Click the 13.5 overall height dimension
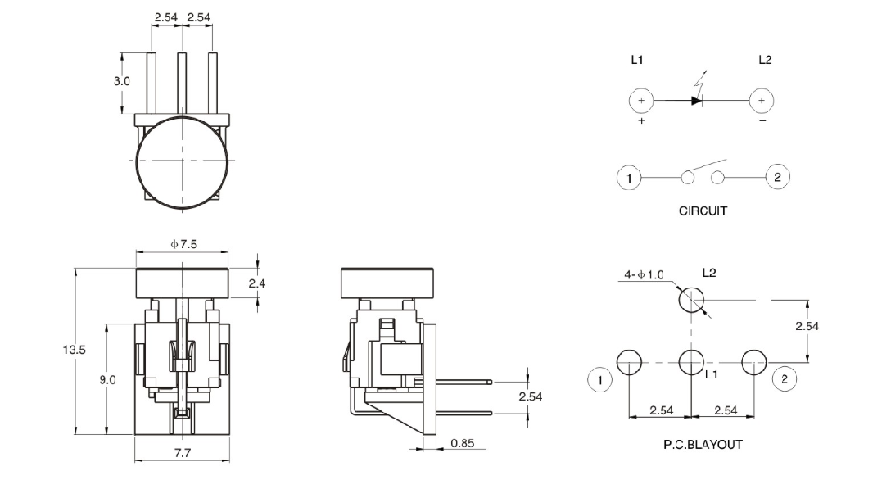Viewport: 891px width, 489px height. point(75,350)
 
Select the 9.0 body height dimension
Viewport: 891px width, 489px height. point(107,380)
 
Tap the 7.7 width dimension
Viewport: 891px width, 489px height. point(181,452)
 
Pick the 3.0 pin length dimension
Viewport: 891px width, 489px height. point(121,82)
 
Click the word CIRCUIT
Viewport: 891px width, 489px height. point(703,211)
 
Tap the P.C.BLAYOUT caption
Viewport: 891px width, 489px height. point(703,445)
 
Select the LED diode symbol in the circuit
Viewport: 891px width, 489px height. point(697,101)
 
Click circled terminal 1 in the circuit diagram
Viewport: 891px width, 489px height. point(628,177)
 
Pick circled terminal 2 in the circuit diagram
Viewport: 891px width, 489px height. point(778,177)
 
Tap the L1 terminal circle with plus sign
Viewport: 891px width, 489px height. point(641,101)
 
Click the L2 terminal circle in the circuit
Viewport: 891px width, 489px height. point(762,101)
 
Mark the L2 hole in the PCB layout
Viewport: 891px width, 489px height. point(691,301)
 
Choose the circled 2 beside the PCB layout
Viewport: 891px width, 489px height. point(784,378)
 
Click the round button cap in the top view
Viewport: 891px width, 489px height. point(181,161)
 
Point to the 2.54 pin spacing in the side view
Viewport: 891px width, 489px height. point(530,396)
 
